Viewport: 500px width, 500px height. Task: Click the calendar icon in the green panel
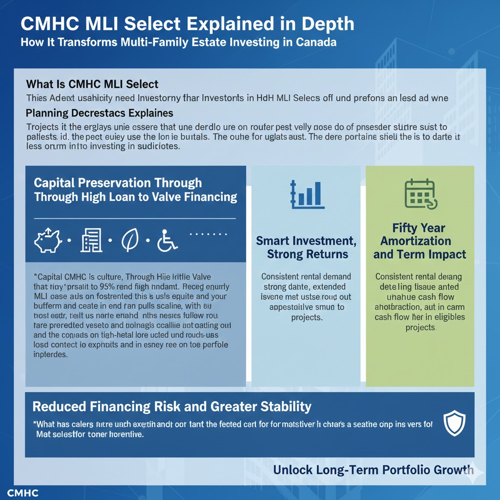[419, 194]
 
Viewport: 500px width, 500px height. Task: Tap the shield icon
[454, 423]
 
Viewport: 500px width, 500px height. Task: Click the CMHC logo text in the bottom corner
[23, 493]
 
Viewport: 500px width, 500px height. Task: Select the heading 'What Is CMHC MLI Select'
[92, 84]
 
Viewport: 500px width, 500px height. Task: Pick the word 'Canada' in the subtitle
[316, 42]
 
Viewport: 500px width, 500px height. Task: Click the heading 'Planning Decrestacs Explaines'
[100, 113]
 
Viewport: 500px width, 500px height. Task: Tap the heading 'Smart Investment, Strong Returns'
[306, 247]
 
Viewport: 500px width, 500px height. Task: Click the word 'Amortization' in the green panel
[416, 241]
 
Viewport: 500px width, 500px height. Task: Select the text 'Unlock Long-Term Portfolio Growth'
[373, 470]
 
